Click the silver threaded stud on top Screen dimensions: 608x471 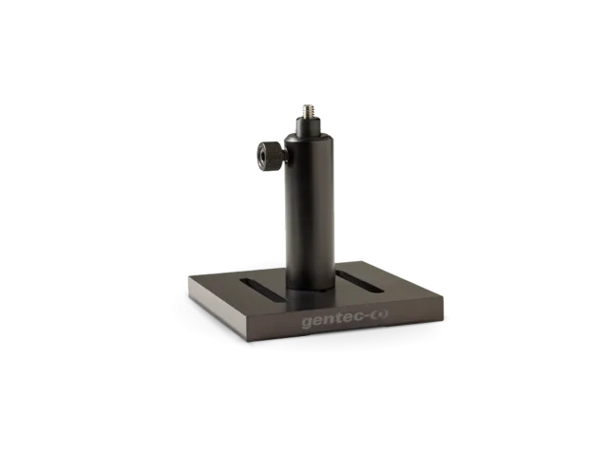click(x=309, y=110)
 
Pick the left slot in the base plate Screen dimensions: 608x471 click(x=262, y=290)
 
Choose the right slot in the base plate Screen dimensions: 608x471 click(x=359, y=281)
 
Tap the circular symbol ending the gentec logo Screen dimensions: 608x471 click(x=380, y=315)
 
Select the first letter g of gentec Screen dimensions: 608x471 click(x=307, y=323)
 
